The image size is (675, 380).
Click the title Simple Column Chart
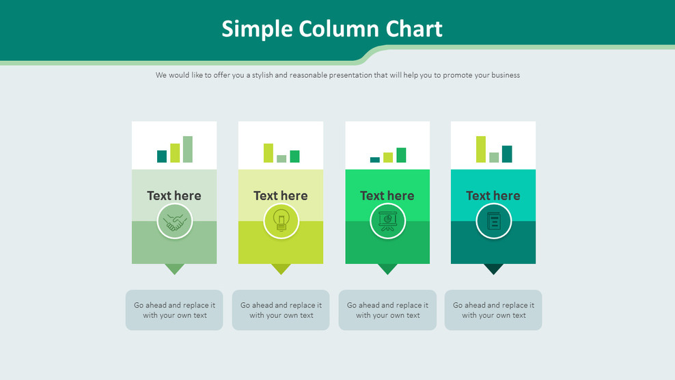(x=332, y=29)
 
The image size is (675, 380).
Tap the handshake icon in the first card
(x=174, y=221)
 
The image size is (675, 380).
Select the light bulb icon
(x=281, y=221)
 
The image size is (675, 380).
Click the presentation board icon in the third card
(x=387, y=221)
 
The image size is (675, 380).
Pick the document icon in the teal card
(x=493, y=221)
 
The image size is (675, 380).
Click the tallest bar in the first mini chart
(x=187, y=149)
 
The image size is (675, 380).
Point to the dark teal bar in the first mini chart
(x=162, y=157)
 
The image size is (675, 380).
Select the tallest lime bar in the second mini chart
(x=268, y=152)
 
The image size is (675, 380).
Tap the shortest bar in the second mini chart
(x=281, y=159)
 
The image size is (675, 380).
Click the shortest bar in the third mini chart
(x=374, y=160)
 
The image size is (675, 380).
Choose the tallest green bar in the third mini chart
(x=401, y=155)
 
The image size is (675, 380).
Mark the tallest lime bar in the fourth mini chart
(x=481, y=149)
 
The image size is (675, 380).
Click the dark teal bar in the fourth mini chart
(x=507, y=154)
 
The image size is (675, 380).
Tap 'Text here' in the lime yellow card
(x=281, y=195)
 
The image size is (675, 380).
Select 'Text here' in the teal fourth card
(x=493, y=195)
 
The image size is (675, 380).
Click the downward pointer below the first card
(x=174, y=269)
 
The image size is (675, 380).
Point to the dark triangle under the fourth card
(x=493, y=269)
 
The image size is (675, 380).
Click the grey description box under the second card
(x=281, y=310)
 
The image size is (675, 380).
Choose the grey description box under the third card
(x=387, y=310)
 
